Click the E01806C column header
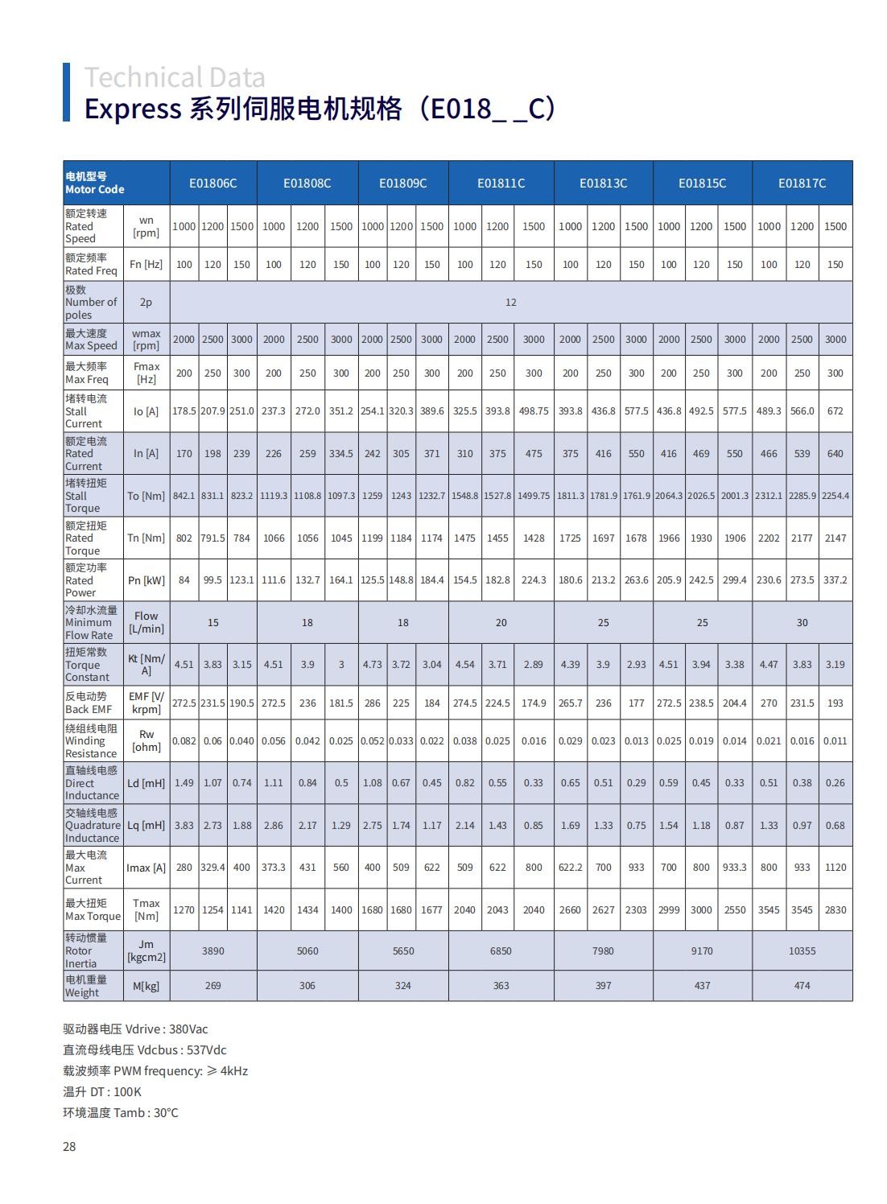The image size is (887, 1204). pyautogui.click(x=213, y=183)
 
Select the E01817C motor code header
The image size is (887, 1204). pyautogui.click(x=802, y=183)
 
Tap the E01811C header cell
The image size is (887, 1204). pyautogui.click(x=501, y=183)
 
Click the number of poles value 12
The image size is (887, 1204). pyautogui.click(x=510, y=303)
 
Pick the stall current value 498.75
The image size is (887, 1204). pyautogui.click(x=534, y=411)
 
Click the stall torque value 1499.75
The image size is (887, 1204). pyautogui.click(x=534, y=496)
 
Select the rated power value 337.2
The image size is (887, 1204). pyautogui.click(x=835, y=580)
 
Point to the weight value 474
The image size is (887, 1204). pyautogui.click(x=802, y=986)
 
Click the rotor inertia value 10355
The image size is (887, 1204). pyautogui.click(x=802, y=951)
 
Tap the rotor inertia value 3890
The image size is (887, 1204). pyautogui.click(x=213, y=951)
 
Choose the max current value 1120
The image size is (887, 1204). pyautogui.click(x=835, y=868)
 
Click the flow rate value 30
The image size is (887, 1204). pyautogui.click(x=802, y=623)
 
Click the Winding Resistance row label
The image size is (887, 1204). pyautogui.click(x=92, y=741)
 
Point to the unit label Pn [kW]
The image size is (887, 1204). pyautogui.click(x=146, y=580)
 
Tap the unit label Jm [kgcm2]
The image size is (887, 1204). pyautogui.click(x=146, y=951)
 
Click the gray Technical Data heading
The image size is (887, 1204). pyautogui.click(x=175, y=78)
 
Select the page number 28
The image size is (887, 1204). pyautogui.click(x=69, y=1147)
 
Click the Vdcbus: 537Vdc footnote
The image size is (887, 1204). pyautogui.click(x=145, y=1050)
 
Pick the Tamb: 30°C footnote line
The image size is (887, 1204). pyautogui.click(x=121, y=1113)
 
